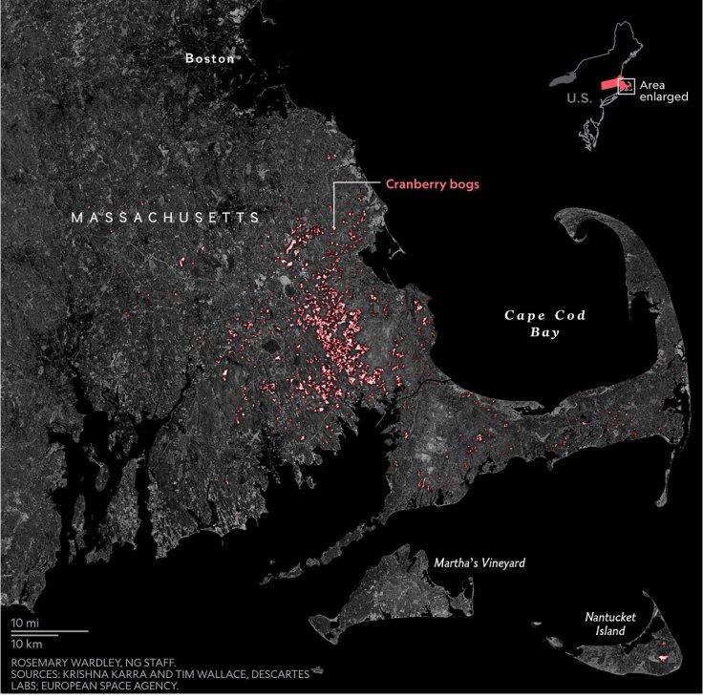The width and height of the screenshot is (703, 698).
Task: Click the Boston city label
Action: pos(209,58)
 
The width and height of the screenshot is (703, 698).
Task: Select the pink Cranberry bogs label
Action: pos(432,184)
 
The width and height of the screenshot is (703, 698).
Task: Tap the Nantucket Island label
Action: pos(610,624)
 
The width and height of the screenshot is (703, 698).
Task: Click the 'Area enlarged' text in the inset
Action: pos(665,92)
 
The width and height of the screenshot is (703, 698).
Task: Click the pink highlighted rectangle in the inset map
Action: pos(607,85)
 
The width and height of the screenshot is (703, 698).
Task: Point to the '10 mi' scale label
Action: pos(25,623)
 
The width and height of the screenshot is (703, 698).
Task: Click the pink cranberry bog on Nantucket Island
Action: pos(659,659)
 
